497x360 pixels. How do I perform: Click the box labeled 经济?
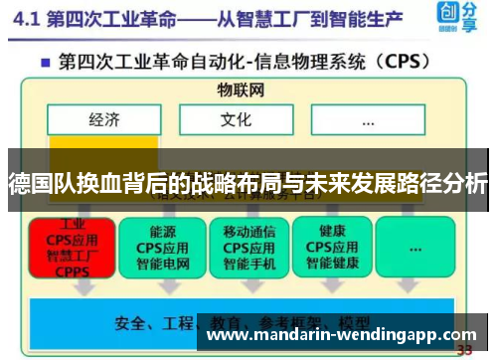tap(104, 121)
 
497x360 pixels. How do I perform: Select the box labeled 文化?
tap(236, 121)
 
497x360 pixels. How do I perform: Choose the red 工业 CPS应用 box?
tap(73, 248)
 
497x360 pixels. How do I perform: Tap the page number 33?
tap(464, 350)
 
